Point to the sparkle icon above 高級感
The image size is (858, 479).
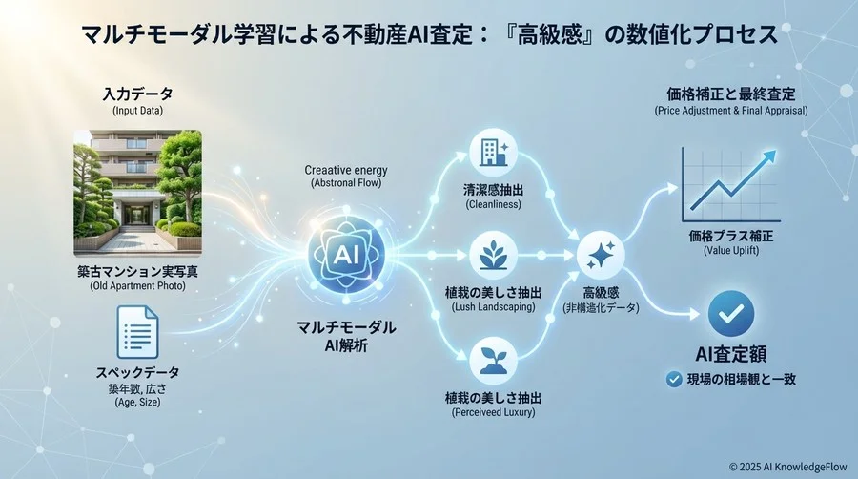coord(600,255)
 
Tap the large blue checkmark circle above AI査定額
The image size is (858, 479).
coord(731,312)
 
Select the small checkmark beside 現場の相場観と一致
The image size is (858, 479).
coord(673,380)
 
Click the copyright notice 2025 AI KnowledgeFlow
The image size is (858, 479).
coord(787,467)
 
